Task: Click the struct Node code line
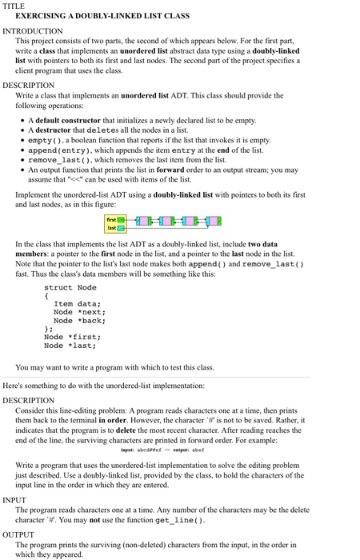point(70,287)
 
